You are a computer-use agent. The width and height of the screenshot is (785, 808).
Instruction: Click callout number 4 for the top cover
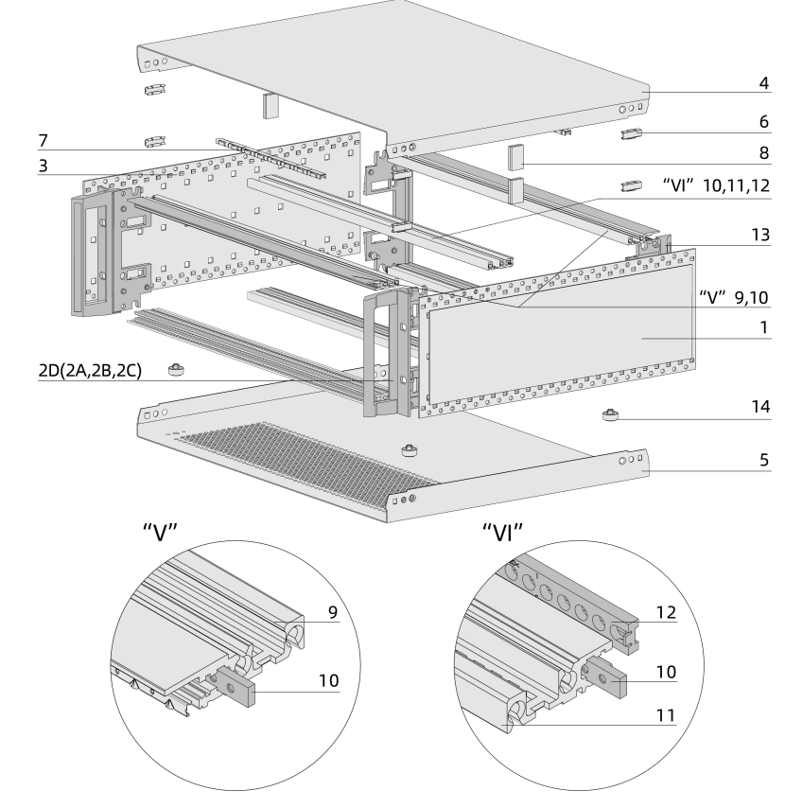pyautogui.click(x=762, y=81)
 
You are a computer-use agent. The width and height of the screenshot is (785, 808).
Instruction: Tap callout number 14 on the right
pyautogui.click(x=758, y=410)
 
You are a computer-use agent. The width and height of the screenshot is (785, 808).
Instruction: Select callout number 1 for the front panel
pyautogui.click(x=762, y=331)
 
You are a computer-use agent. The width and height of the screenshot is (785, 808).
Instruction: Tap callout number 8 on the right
pyautogui.click(x=762, y=150)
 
